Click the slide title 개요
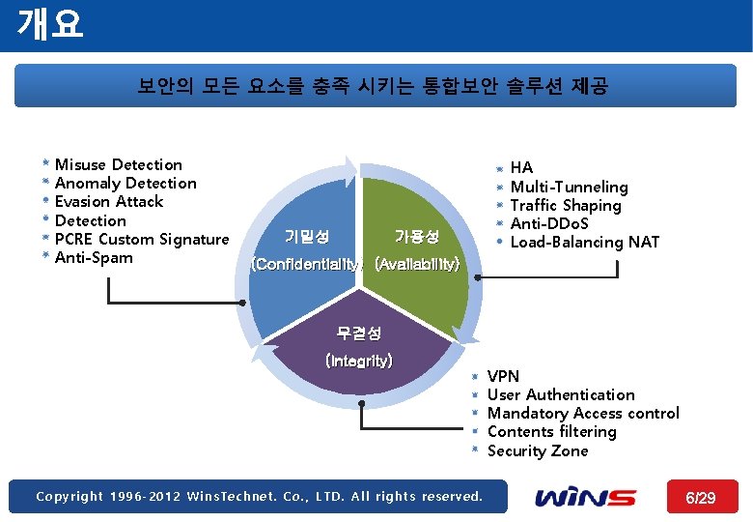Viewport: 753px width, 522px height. coord(50,23)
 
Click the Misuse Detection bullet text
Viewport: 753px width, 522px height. coord(118,165)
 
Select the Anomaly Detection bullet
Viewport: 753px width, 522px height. coord(125,184)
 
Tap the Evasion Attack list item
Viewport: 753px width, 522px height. coord(109,202)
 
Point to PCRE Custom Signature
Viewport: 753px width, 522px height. coord(142,240)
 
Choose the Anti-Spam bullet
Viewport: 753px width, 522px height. coord(94,258)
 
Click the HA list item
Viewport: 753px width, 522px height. coord(521,168)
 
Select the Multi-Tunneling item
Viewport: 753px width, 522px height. coord(569,187)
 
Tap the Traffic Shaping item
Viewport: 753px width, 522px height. coord(566,206)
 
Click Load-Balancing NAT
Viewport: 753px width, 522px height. coord(584,243)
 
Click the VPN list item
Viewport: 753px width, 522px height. coord(503,377)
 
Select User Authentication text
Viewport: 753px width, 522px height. coord(561,395)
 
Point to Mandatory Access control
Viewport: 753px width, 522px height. coord(583,414)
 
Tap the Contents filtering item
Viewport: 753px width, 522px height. coord(551,432)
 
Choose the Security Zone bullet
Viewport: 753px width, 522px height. coord(538,451)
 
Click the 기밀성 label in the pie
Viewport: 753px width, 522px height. coord(307,236)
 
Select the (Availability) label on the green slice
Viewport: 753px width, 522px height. coord(416,264)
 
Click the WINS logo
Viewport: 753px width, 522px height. coord(586,497)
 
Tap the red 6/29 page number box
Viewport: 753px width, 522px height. coord(700,497)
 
